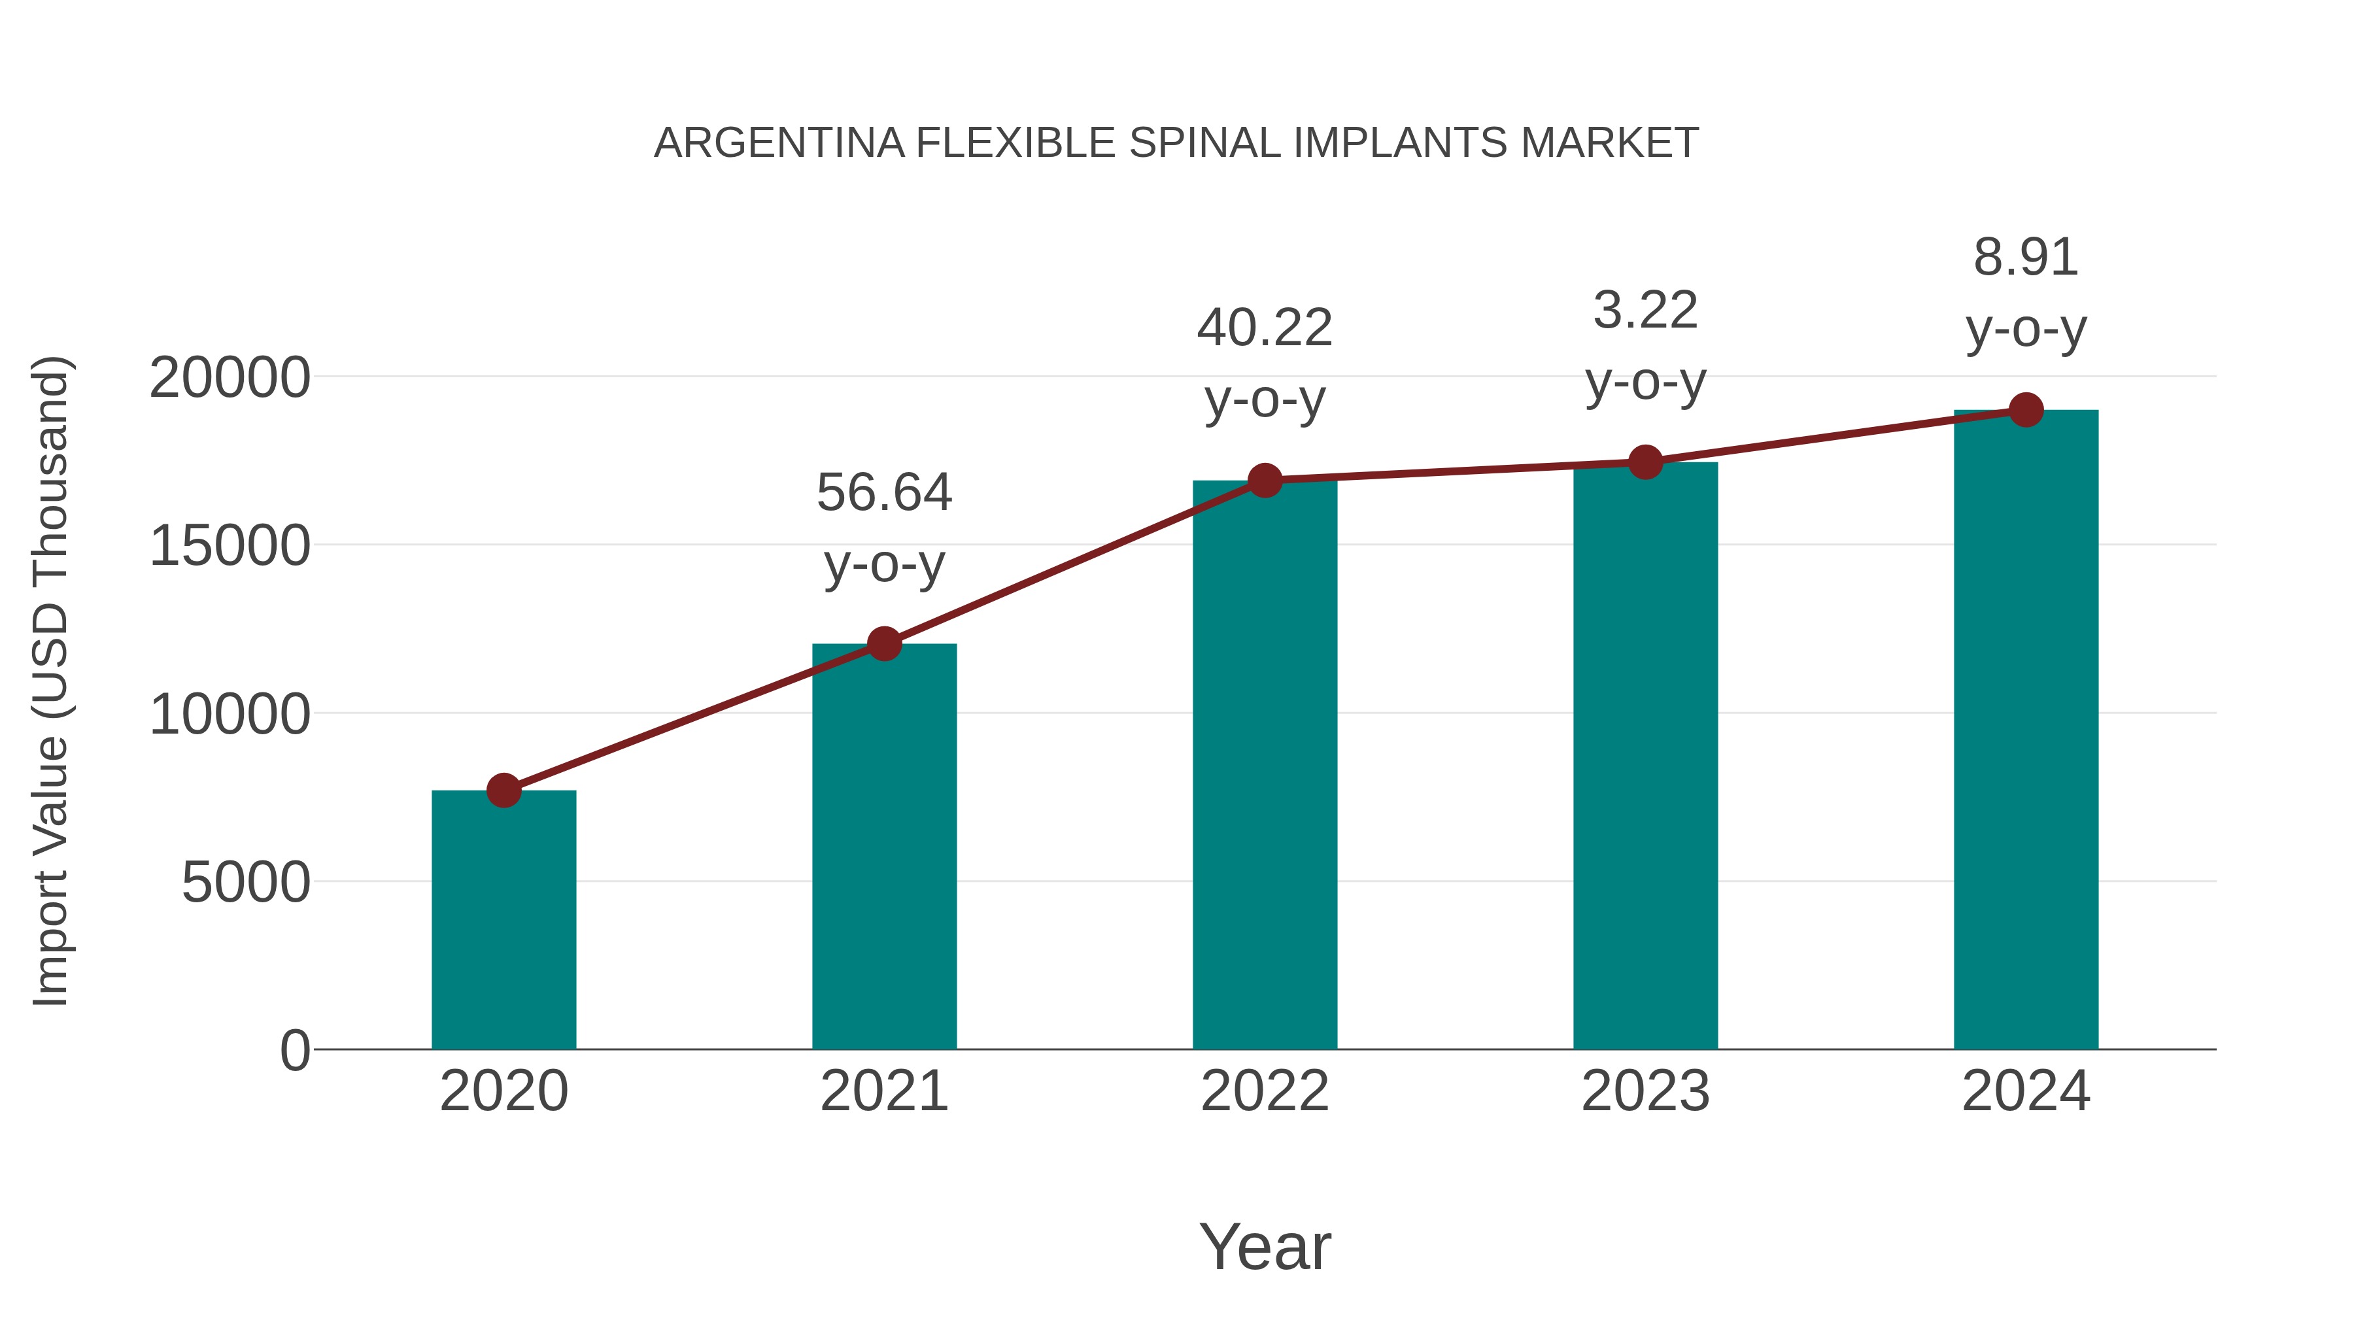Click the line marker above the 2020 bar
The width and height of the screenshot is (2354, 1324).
[x=503, y=790]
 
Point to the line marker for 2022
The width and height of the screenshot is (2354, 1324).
[x=1265, y=480]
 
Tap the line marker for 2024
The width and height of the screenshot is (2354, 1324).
[x=2026, y=410]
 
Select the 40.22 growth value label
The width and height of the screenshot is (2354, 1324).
[x=1265, y=328]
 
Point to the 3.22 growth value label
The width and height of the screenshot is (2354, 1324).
[x=1645, y=311]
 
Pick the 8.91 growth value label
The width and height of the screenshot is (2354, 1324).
[x=2026, y=258]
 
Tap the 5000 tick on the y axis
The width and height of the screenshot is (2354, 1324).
[x=246, y=883]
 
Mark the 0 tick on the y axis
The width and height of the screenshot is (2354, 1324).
[x=295, y=1051]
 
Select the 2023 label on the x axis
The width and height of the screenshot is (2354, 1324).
[x=1645, y=1092]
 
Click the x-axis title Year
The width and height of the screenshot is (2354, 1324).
[x=1265, y=1248]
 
